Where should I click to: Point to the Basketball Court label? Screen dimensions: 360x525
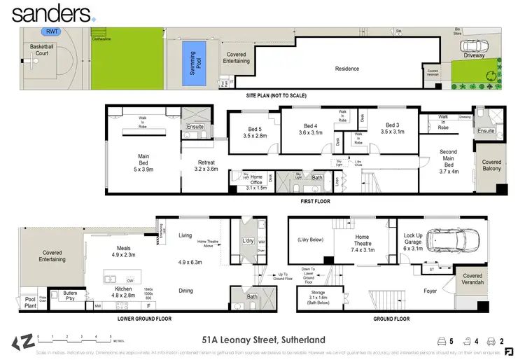[41, 50]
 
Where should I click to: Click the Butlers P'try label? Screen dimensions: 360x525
[69, 296]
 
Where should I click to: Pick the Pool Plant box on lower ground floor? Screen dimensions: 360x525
[29, 300]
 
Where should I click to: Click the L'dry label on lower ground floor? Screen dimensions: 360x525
[248, 240]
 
